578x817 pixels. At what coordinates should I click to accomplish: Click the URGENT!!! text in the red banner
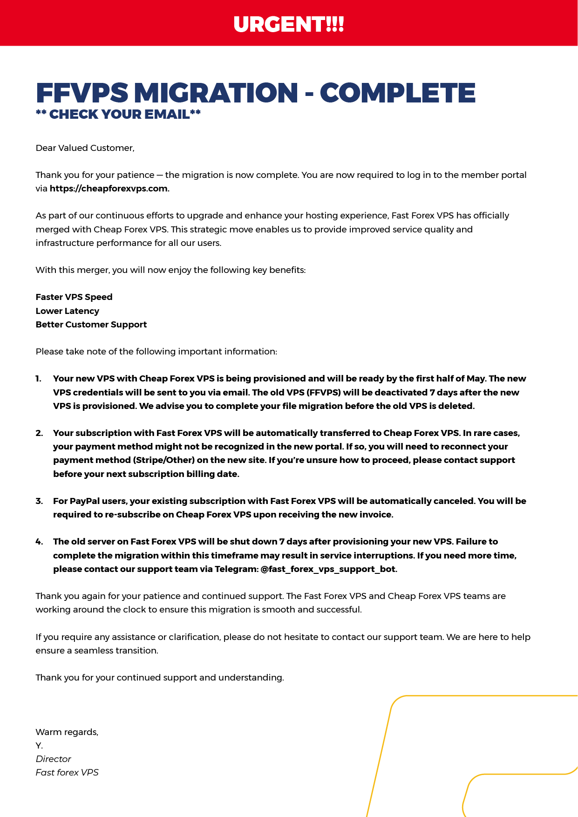(x=289, y=24)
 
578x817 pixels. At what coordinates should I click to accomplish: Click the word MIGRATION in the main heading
(x=216, y=93)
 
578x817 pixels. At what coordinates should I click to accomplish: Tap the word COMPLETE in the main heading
(x=397, y=93)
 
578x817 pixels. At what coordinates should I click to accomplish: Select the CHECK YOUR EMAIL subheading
(x=118, y=115)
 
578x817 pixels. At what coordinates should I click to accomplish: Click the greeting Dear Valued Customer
(x=85, y=148)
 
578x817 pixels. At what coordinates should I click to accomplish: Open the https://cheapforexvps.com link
(x=109, y=189)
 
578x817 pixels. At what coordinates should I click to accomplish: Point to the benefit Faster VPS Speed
(x=74, y=297)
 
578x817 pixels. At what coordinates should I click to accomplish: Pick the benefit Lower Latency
(x=68, y=311)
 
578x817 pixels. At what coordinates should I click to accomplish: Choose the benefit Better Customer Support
(x=91, y=325)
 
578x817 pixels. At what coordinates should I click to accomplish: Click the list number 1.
(x=38, y=379)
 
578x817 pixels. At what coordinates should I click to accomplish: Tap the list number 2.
(x=39, y=433)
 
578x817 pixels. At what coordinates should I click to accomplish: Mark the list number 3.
(x=39, y=501)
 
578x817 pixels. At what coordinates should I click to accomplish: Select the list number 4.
(x=39, y=542)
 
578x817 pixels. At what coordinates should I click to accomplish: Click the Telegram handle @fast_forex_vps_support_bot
(x=328, y=569)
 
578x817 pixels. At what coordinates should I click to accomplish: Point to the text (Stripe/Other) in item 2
(x=163, y=460)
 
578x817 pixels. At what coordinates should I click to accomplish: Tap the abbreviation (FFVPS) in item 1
(x=324, y=393)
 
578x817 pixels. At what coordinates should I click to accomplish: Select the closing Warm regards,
(x=67, y=732)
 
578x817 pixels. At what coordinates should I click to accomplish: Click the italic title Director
(x=54, y=759)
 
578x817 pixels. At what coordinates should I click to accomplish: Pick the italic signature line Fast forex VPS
(x=67, y=773)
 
